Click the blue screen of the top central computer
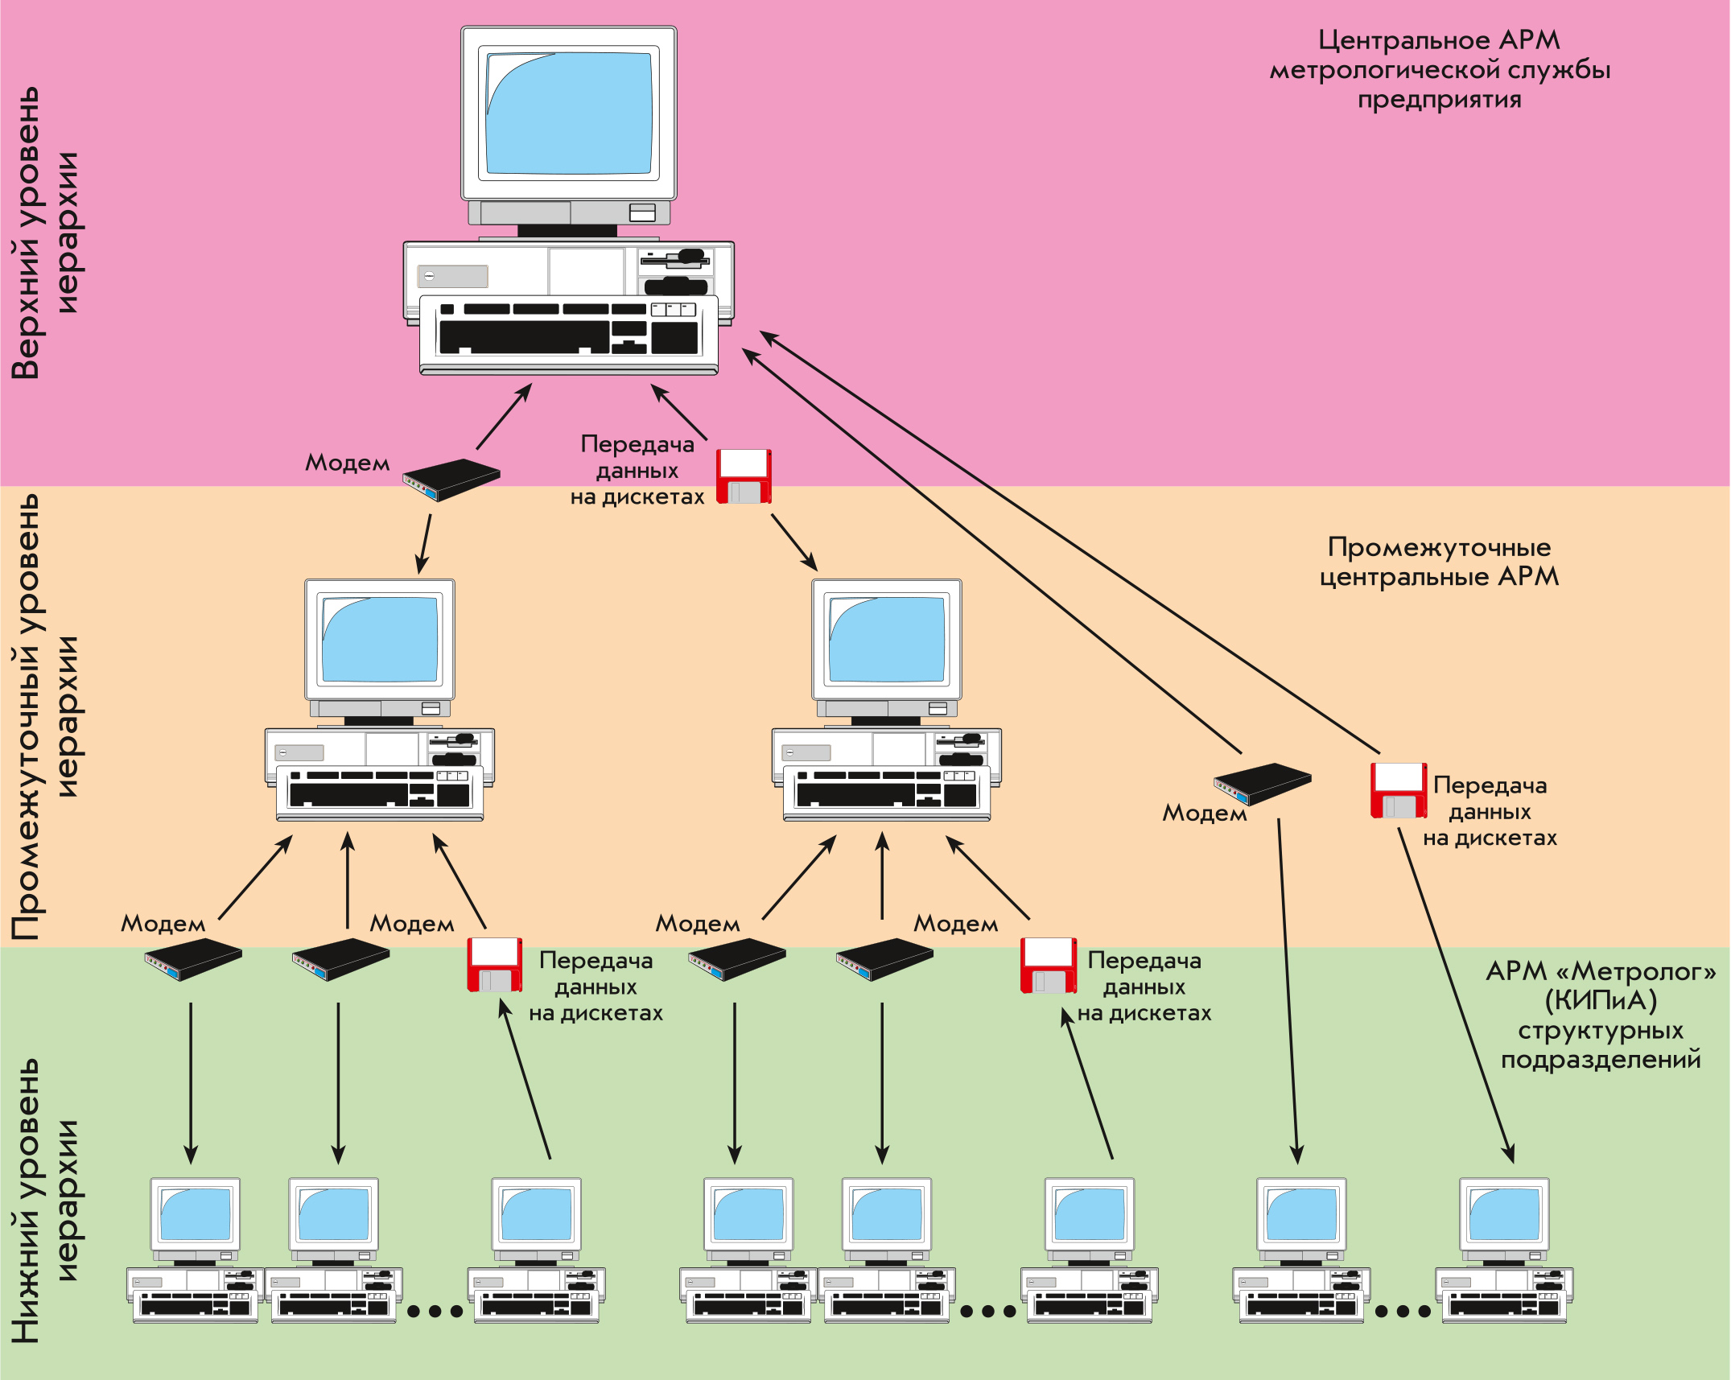coord(569,113)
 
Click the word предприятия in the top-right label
coord(1440,101)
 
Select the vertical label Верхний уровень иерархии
coord(45,233)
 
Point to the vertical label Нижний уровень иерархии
coord(45,1199)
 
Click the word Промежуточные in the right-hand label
coord(1439,548)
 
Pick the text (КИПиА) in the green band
coord(1601,1001)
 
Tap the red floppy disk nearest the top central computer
coord(744,476)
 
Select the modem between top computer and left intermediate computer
coord(451,480)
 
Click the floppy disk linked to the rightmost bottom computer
coord(1399,791)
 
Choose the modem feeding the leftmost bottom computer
coord(193,959)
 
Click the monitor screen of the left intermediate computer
coord(380,641)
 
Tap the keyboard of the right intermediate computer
coord(887,791)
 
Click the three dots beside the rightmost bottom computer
coord(1403,1312)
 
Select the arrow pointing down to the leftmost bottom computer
coord(191,1082)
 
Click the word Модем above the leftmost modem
coord(163,924)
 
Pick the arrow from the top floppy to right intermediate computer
coord(793,542)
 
